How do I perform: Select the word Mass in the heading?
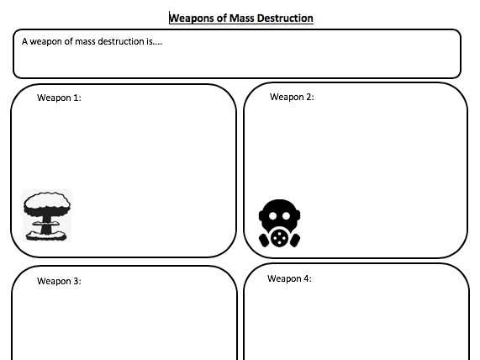click(x=242, y=18)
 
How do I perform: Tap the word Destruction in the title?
click(x=285, y=18)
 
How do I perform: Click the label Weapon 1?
click(x=59, y=98)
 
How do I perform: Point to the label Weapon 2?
click(x=292, y=97)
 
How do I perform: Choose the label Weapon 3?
click(x=59, y=281)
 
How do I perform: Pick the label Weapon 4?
click(x=289, y=278)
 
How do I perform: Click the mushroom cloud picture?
click(x=47, y=215)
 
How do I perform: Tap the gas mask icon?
click(x=279, y=224)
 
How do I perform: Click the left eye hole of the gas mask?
click(x=272, y=216)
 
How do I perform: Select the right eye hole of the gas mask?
click(x=286, y=216)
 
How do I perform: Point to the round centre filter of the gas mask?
click(x=279, y=237)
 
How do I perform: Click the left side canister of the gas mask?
click(x=264, y=241)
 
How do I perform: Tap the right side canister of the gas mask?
click(x=295, y=241)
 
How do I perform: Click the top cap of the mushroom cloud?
click(x=47, y=202)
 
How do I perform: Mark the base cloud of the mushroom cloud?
click(x=46, y=236)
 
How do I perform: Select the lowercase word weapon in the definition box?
click(x=46, y=42)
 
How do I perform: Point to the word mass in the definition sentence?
click(x=85, y=42)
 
